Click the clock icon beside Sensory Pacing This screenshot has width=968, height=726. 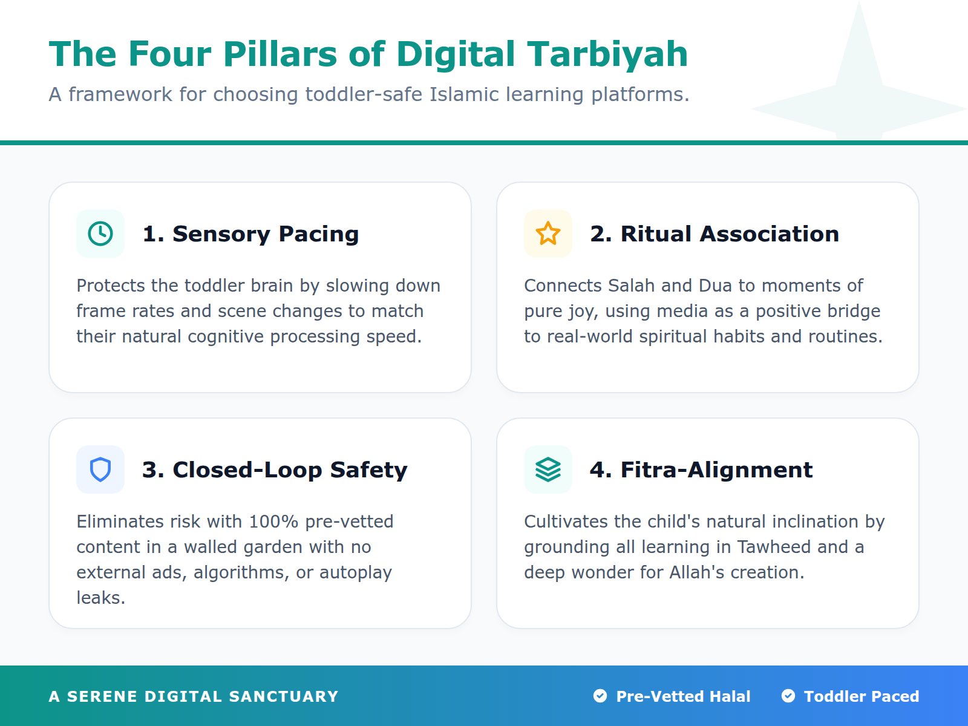[100, 234]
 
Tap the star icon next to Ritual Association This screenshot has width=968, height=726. [548, 234]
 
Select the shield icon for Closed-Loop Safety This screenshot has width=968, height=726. [100, 469]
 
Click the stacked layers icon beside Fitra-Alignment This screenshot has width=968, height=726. [548, 469]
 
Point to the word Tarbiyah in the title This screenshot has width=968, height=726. [607, 54]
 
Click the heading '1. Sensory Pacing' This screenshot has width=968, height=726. [250, 234]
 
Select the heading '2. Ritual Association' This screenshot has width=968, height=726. [715, 234]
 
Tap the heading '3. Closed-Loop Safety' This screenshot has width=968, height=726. [275, 470]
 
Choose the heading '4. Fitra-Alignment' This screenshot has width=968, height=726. [701, 470]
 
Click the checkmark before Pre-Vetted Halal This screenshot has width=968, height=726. [600, 696]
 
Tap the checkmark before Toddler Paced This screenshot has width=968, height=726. [788, 696]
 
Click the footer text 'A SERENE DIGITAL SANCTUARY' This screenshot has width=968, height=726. [194, 696]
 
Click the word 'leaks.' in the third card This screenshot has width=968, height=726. [100, 598]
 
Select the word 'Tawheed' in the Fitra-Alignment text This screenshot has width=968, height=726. [774, 547]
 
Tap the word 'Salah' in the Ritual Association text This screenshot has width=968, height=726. [632, 286]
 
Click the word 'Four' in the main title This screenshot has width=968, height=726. [171, 54]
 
